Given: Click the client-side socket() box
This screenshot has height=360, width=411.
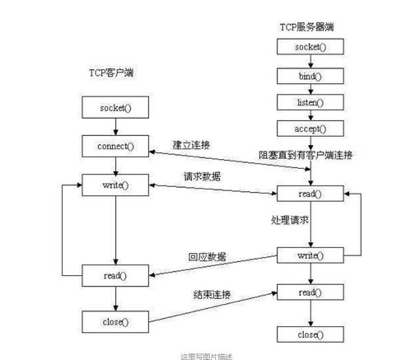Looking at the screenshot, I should pyautogui.click(x=115, y=107).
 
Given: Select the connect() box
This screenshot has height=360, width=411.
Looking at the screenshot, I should pyautogui.click(x=115, y=147).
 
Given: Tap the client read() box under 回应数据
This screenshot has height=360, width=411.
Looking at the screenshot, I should pyautogui.click(x=115, y=275).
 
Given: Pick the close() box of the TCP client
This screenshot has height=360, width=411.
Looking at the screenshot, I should pyautogui.click(x=115, y=320).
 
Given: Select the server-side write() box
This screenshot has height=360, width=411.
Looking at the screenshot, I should pyautogui.click(x=310, y=256).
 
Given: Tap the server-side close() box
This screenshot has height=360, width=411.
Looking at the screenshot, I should pyautogui.click(x=310, y=334).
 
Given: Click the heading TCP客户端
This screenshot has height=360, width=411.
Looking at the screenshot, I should pyautogui.click(x=111, y=73).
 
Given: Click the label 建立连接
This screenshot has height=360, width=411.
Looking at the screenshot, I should pyautogui.click(x=192, y=144).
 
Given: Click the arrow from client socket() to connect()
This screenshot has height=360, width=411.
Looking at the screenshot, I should pyautogui.click(x=115, y=127).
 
